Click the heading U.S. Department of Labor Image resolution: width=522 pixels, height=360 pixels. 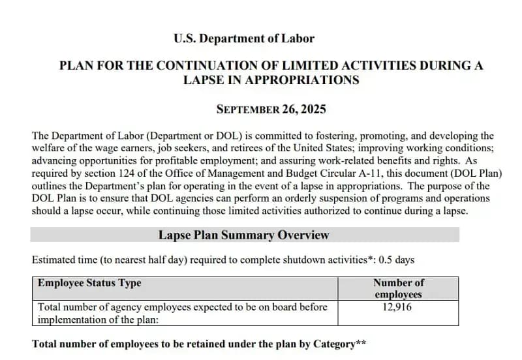[x=244, y=38]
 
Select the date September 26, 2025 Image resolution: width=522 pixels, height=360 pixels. [x=271, y=109]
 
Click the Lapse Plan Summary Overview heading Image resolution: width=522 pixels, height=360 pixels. [x=244, y=235]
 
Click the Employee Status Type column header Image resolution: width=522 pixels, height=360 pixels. [x=89, y=283]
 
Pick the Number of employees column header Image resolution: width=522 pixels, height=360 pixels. [x=398, y=288]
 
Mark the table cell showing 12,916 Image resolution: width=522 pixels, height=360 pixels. [x=398, y=307]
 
